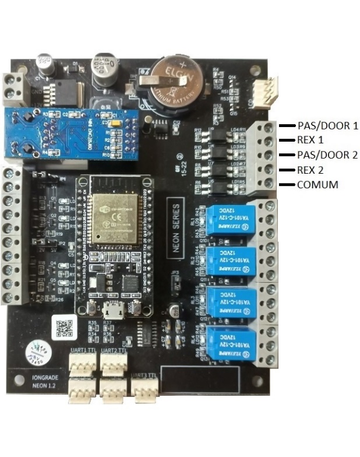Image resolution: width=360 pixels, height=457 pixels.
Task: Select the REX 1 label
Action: click(310, 140)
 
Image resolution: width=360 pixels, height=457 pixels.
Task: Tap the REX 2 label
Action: click(310, 170)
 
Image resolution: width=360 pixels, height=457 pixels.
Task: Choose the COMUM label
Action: click(316, 185)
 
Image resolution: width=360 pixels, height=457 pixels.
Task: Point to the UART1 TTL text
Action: click(82, 350)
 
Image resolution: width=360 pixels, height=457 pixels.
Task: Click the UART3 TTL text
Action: click(143, 375)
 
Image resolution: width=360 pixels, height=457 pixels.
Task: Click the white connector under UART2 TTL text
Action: click(114, 364)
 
